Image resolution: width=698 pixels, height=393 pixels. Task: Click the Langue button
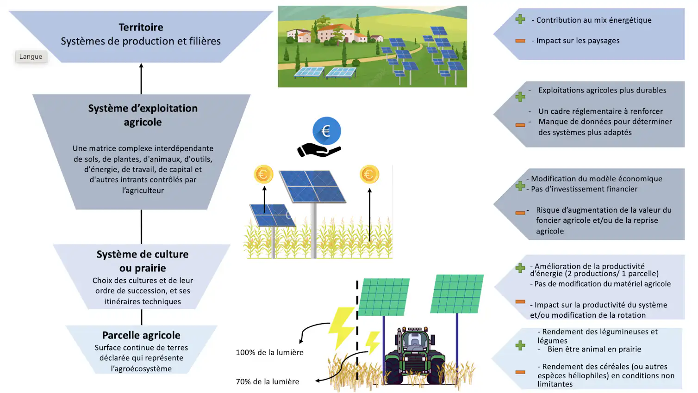(x=31, y=57)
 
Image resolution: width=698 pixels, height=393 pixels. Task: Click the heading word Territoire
(x=141, y=27)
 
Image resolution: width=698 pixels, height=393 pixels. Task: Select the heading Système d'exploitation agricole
(x=143, y=115)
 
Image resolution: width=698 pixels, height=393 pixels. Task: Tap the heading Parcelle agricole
(x=141, y=335)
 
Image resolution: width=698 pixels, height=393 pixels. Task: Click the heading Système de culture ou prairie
(x=143, y=261)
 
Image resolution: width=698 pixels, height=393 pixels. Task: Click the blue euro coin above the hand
(x=326, y=131)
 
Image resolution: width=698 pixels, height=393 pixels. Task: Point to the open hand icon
(x=318, y=150)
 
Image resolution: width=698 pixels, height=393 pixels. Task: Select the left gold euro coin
(x=263, y=174)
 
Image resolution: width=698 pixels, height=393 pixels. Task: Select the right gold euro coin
(x=369, y=174)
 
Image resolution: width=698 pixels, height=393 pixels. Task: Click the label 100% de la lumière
(x=269, y=352)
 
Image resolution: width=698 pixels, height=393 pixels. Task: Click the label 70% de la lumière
(x=268, y=382)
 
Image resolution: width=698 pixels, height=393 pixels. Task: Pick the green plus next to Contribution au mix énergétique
(x=520, y=19)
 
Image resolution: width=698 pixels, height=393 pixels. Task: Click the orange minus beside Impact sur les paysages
(x=520, y=41)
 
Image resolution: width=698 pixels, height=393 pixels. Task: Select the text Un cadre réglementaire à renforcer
(x=600, y=111)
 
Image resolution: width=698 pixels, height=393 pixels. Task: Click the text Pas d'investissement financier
(x=584, y=189)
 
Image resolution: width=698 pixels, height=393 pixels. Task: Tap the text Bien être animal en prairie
(x=594, y=350)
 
